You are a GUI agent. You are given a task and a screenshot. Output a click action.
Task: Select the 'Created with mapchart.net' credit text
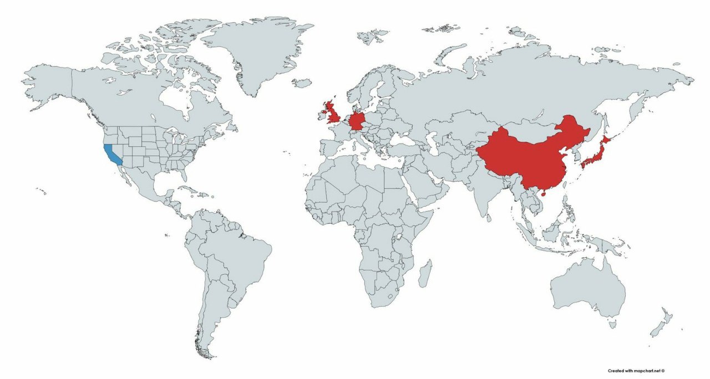(636, 371)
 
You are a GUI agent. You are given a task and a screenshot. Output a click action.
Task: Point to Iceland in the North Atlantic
(302, 83)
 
